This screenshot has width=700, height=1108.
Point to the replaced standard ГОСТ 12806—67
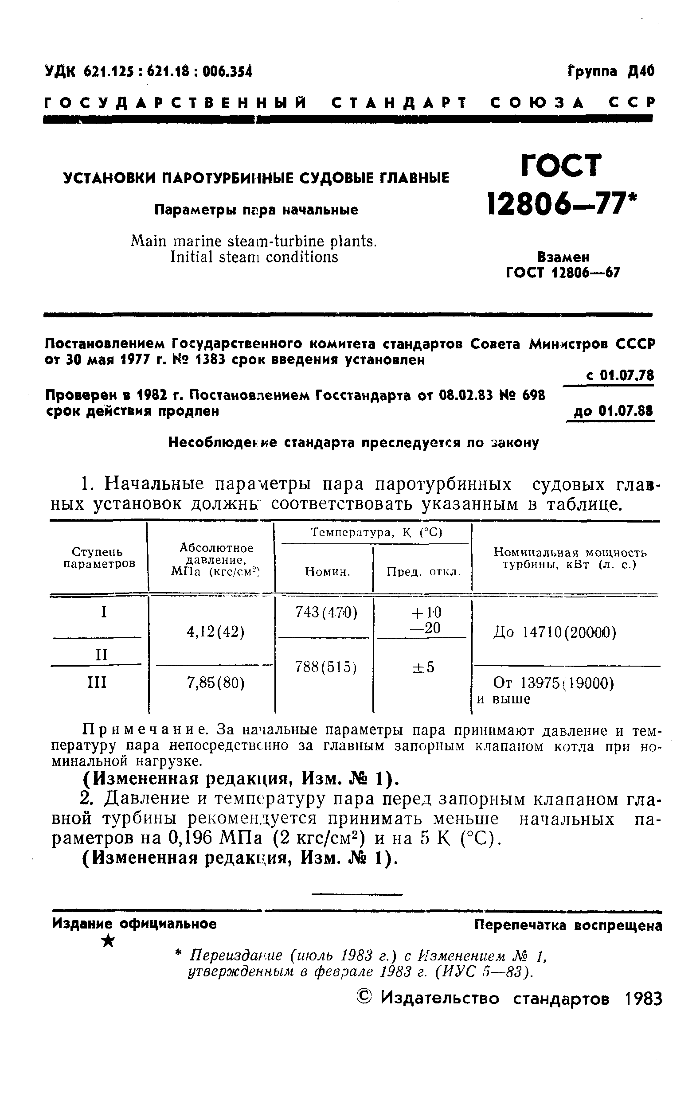(563, 273)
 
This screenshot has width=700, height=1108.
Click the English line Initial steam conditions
(254, 257)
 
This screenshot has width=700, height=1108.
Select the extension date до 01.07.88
(613, 411)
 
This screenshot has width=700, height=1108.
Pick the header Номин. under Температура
(327, 571)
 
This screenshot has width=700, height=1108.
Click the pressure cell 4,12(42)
(215, 632)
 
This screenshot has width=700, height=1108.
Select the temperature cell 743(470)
(326, 613)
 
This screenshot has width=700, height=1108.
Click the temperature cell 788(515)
(326, 667)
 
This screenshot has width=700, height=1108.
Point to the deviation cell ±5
(423, 667)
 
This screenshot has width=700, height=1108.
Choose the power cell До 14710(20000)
(554, 633)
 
